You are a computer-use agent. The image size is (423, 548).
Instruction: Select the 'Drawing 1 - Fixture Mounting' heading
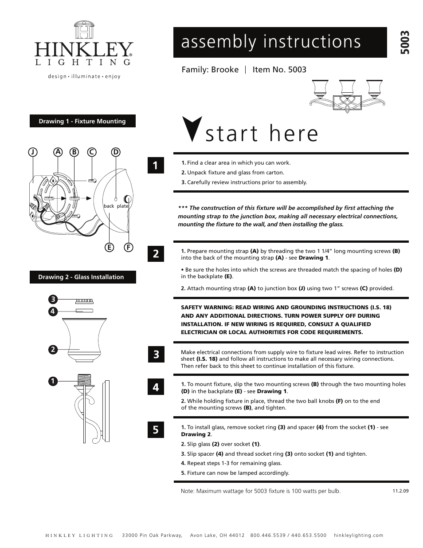[82, 121]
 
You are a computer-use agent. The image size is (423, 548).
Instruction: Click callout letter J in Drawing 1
[32, 152]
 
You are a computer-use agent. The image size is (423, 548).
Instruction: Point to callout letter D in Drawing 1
[116, 152]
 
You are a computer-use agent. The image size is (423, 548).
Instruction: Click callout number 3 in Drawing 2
[52, 299]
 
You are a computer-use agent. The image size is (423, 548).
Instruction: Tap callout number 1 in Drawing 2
[52, 381]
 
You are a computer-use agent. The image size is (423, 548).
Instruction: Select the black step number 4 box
[156, 387]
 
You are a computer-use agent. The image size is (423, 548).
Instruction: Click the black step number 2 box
[156, 254]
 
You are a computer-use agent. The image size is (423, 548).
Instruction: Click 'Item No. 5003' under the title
[279, 70]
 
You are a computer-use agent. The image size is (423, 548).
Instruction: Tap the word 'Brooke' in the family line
[225, 70]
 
